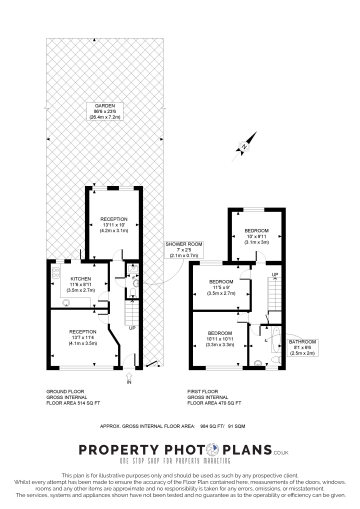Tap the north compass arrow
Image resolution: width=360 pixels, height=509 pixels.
pos(242,149)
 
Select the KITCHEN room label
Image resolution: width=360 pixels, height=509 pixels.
pos(81,279)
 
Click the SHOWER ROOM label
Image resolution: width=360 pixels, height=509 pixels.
pos(184,243)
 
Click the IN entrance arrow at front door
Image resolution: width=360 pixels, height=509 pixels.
pos(129,379)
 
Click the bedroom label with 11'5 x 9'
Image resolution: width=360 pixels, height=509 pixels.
pos(222,283)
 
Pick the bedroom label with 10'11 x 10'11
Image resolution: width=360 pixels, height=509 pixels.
pos(221,332)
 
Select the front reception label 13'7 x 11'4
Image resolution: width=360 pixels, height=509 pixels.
pos(83,331)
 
